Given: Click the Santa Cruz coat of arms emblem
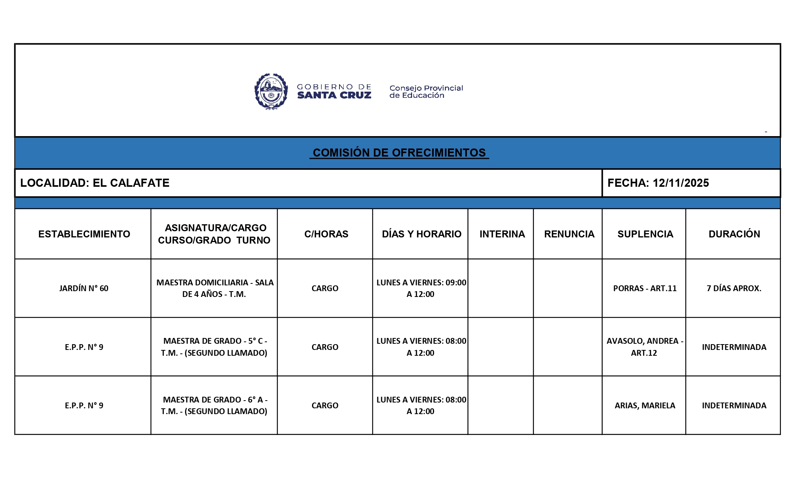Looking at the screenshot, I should pyautogui.click(x=271, y=92).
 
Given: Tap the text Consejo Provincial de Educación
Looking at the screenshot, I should pyautogui.click(x=426, y=92).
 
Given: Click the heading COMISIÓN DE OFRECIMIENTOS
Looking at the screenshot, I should pyautogui.click(x=399, y=153).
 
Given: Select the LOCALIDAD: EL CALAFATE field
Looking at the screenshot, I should pyautogui.click(x=95, y=183).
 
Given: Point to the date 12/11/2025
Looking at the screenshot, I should pyautogui.click(x=680, y=183).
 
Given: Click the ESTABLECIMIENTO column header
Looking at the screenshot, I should pyautogui.click(x=84, y=234).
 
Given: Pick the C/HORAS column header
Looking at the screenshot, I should pyautogui.click(x=326, y=234).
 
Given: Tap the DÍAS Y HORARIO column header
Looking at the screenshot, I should pyautogui.click(x=421, y=234).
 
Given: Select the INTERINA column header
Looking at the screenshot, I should pyautogui.click(x=502, y=234).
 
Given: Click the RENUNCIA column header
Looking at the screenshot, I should pyautogui.click(x=569, y=234).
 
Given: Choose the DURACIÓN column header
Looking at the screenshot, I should pyautogui.click(x=734, y=234).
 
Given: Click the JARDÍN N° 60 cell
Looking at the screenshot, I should pyautogui.click(x=84, y=288).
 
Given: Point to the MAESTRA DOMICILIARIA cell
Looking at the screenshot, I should pyautogui.click(x=215, y=288).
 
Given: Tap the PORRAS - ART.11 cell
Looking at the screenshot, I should pyautogui.click(x=645, y=288).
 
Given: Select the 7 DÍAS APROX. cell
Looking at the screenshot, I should pyautogui.click(x=734, y=288).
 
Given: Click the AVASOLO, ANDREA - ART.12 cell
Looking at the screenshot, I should pyautogui.click(x=645, y=347).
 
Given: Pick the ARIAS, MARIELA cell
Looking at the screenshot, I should pyautogui.click(x=645, y=406).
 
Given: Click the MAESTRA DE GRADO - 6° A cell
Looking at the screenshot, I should pyautogui.click(x=215, y=406).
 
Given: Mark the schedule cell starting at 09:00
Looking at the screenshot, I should pyautogui.click(x=421, y=288).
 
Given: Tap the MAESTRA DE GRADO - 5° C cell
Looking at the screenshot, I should pyautogui.click(x=215, y=347).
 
